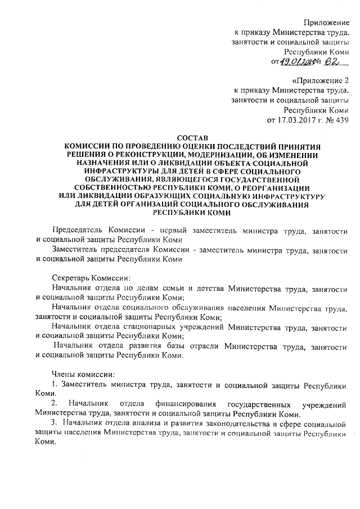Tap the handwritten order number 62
pos(334,60)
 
